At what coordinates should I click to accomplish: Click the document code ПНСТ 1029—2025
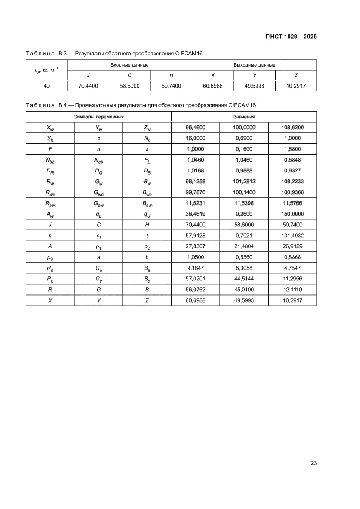pos(291,37)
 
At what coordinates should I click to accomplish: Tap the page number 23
pos(313,463)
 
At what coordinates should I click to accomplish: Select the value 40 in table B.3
pos(47,86)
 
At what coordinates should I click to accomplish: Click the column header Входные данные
pos(130,65)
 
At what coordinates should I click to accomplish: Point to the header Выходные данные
pos(254,65)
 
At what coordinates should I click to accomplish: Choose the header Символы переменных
pos(98,117)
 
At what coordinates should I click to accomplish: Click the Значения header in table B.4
pos(244,117)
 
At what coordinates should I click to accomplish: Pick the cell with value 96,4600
pos(195,128)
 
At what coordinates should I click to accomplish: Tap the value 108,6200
pos(292,128)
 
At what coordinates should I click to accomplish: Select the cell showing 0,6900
pos(244,138)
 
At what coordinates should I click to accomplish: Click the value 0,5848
pos(292,160)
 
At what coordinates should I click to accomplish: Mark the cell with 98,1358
pos(195,181)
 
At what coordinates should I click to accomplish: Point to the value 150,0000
pos(292,214)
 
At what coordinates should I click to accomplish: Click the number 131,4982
pos(292,236)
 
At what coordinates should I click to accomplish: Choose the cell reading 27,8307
pos(195,246)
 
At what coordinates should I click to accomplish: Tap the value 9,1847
pos(195,268)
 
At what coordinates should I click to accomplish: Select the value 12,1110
pos(292,290)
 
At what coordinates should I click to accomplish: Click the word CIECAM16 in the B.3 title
pos(189,54)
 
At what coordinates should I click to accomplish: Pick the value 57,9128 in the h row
pos(195,236)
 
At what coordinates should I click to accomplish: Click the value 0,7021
pos(244,236)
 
